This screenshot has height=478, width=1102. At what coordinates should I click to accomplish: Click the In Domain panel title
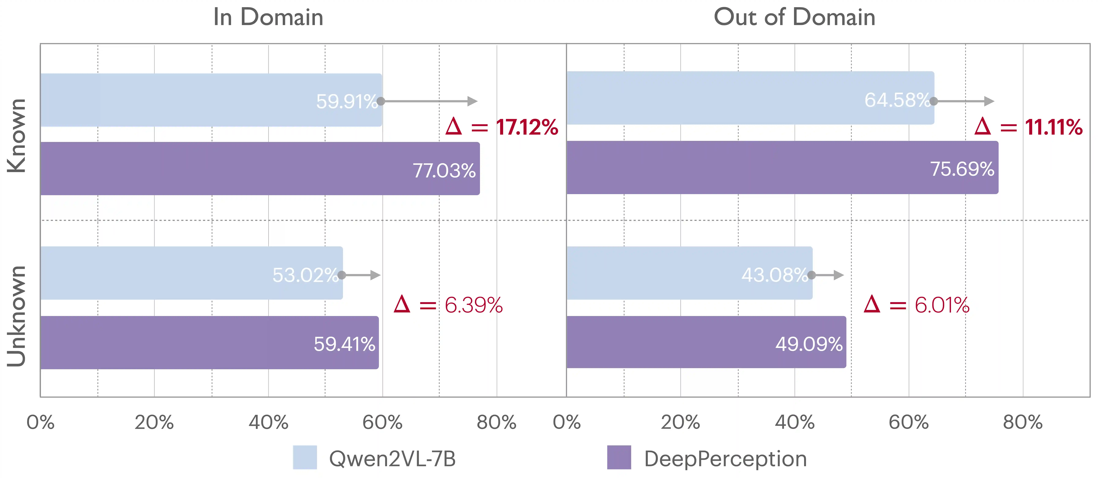pos(268,18)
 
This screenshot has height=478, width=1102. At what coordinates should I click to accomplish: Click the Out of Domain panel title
pos(794,18)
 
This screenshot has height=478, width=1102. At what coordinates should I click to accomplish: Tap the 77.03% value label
pos(444,171)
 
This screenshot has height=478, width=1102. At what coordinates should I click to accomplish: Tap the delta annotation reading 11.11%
pos(1028,127)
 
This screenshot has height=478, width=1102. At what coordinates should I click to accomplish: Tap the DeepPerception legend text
pos(726,459)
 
